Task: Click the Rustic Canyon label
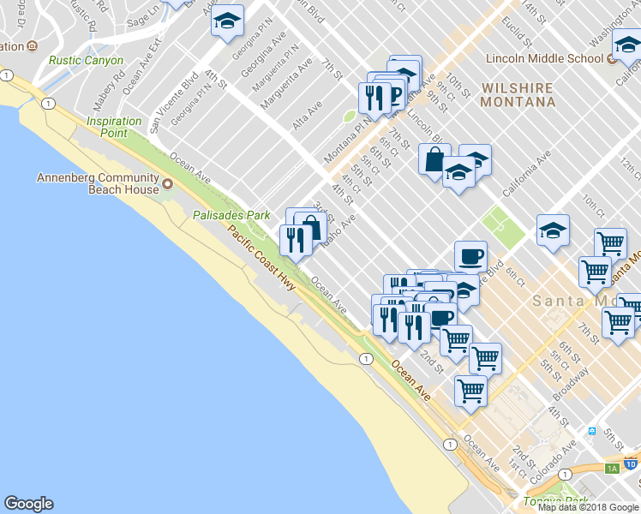click(86, 61)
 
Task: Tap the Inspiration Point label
click(114, 127)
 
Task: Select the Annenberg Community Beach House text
click(98, 183)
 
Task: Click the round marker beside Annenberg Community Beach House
click(168, 184)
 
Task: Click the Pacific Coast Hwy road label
click(261, 257)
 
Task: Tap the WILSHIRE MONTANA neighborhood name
click(518, 94)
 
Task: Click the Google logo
click(28, 504)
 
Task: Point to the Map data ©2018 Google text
click(588, 507)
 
